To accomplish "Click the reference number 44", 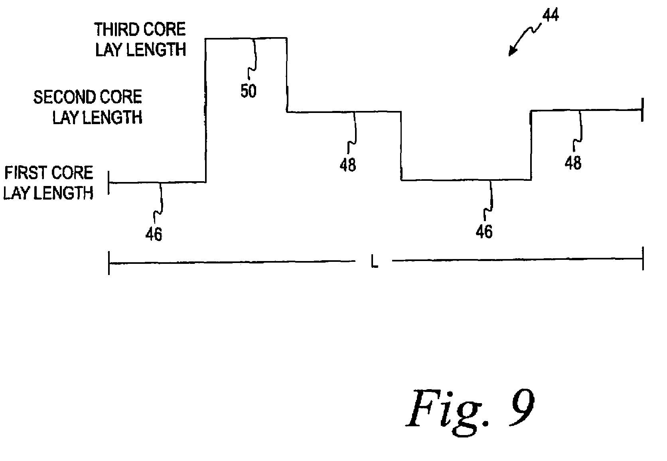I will click(x=550, y=15).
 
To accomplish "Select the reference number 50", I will click(x=248, y=92).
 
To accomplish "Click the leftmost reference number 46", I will click(x=154, y=234).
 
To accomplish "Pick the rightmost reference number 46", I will click(x=484, y=231).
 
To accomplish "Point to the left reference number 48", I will click(x=347, y=164).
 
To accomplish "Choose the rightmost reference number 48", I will click(x=573, y=163).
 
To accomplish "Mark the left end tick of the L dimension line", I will click(x=109, y=262).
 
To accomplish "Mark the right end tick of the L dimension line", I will click(x=642, y=259).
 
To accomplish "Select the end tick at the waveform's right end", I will click(x=642, y=109).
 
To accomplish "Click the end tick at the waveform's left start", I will click(x=109, y=183).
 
